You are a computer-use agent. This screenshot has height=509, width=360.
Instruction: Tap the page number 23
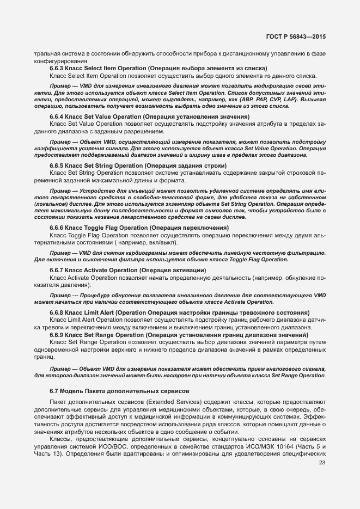point(321,463)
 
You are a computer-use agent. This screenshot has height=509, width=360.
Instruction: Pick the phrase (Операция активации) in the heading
point(173,270)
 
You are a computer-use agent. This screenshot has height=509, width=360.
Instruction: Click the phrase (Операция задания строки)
point(180,165)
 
